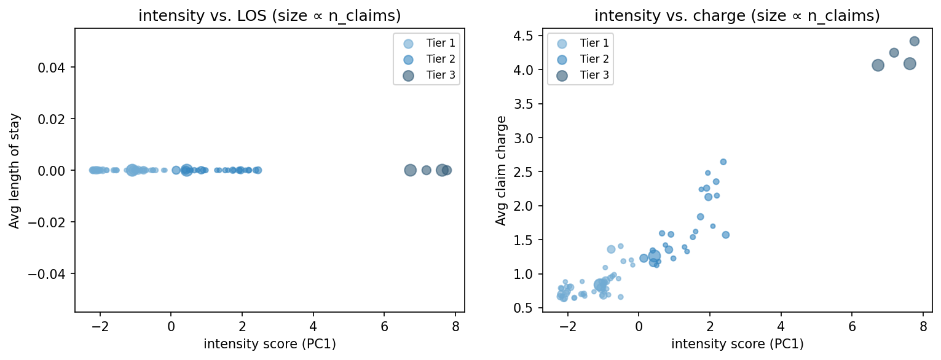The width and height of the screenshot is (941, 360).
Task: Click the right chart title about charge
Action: click(x=737, y=17)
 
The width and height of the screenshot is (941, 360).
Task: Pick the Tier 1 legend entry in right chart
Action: click(x=580, y=43)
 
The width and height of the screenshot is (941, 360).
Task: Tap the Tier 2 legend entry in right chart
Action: click(x=580, y=59)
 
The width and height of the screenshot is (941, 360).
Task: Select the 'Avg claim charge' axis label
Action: click(x=502, y=170)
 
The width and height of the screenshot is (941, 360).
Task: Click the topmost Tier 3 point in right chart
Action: click(x=914, y=41)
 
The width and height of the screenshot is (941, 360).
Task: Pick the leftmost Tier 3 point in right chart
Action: click(x=878, y=65)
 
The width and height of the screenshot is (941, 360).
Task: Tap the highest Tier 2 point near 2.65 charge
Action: click(x=723, y=162)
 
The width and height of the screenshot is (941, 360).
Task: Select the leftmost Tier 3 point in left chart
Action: click(x=410, y=170)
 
